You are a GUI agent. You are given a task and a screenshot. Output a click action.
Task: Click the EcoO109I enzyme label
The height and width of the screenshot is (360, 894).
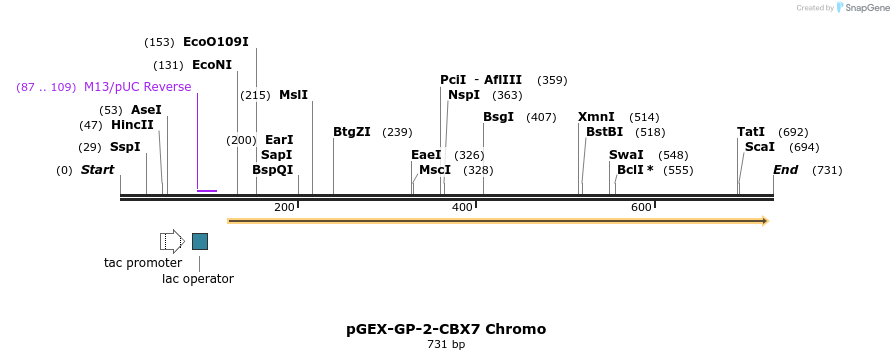tap(215, 42)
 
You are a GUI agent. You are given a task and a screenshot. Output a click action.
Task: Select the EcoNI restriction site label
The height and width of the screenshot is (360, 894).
tap(211, 65)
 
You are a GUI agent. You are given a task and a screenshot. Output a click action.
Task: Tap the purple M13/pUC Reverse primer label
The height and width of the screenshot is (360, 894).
tap(137, 87)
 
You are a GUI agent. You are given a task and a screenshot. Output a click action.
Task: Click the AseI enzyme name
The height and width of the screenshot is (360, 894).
tap(146, 110)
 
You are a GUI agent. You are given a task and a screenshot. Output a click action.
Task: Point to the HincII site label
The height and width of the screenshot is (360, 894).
tap(132, 125)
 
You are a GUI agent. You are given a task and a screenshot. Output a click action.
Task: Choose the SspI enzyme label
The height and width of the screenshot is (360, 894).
tap(125, 147)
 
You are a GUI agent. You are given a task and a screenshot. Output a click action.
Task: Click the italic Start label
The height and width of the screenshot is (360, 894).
tap(97, 170)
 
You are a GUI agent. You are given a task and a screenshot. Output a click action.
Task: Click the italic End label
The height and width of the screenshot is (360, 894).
tap(785, 170)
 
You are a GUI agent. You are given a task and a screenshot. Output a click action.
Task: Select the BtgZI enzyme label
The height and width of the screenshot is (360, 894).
tap(352, 132)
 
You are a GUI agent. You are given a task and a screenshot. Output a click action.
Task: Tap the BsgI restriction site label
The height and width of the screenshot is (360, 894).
tap(498, 117)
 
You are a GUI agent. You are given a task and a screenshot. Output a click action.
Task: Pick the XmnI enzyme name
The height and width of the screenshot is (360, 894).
tap(596, 117)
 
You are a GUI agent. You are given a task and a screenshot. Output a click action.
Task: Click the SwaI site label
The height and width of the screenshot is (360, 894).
tap(626, 155)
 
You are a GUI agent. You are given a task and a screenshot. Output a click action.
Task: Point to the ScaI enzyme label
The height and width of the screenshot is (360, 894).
tap(759, 147)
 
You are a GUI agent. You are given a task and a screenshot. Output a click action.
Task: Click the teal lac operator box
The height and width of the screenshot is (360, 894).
tap(200, 241)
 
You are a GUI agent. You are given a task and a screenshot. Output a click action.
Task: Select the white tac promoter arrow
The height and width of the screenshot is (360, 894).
tap(172, 241)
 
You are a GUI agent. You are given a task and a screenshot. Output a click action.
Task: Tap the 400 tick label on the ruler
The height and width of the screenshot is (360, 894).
tap(462, 207)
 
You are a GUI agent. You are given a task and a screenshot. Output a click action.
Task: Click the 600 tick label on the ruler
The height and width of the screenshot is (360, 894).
tap(641, 207)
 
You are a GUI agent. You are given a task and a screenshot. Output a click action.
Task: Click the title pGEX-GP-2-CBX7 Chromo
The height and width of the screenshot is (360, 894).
tap(446, 329)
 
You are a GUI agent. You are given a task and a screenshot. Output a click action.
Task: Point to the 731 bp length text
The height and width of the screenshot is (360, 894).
tap(446, 345)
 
